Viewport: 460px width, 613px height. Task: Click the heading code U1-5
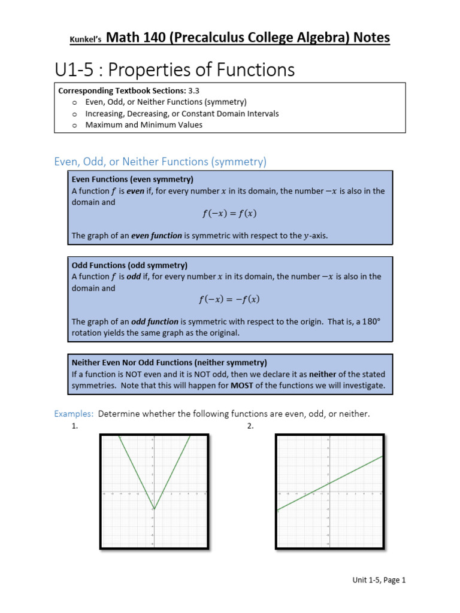click(x=76, y=70)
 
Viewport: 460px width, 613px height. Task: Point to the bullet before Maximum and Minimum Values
click(x=74, y=125)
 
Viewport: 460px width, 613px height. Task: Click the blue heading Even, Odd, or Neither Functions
click(x=160, y=162)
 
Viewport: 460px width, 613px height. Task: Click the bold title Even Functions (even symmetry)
click(x=132, y=179)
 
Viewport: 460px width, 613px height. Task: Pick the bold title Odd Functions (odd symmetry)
click(x=129, y=265)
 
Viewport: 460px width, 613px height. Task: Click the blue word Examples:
click(x=74, y=414)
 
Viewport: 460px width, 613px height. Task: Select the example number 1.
click(x=75, y=426)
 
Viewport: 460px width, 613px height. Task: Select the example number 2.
click(x=250, y=426)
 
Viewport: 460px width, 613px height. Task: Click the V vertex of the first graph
click(x=154, y=509)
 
